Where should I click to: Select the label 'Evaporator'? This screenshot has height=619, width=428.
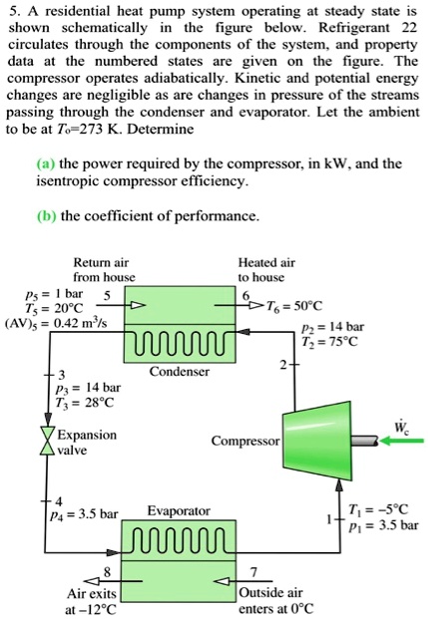click(178, 510)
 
